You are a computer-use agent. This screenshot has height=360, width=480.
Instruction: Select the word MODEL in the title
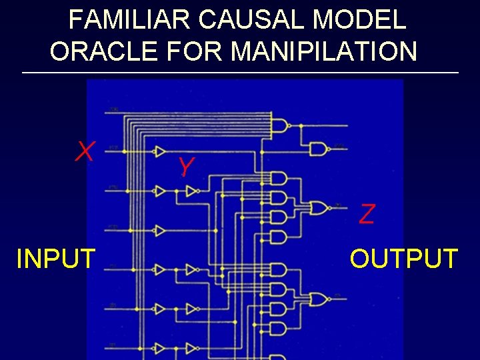point(359,19)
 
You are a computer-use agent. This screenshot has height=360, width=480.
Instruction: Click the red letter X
point(84,152)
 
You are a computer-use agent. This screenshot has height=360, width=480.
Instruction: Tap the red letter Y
point(186,167)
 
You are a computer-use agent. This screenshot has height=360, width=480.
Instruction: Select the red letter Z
point(367,214)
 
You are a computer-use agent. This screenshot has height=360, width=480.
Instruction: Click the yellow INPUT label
point(56,259)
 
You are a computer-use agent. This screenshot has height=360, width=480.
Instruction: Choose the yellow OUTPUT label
point(404,259)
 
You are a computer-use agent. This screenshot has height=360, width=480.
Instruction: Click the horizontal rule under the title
point(240,72)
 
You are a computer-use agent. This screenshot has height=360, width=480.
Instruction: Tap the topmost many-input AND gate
point(279,125)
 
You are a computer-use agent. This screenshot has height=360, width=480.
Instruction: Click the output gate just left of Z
point(319,209)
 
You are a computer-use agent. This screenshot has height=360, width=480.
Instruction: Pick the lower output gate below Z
point(319,299)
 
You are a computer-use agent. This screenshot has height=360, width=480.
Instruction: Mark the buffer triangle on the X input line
point(160,151)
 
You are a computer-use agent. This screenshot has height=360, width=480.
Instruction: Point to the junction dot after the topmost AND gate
point(301,125)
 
